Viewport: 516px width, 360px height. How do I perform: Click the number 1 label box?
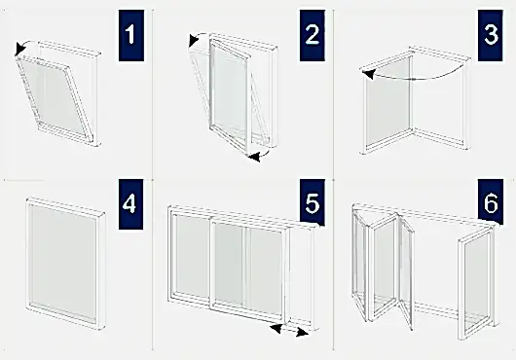[x=131, y=35]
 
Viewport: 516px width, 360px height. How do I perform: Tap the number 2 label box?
[x=312, y=35]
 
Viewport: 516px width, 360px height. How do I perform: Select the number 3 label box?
[x=491, y=35]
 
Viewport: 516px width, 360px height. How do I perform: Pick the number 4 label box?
[x=131, y=203]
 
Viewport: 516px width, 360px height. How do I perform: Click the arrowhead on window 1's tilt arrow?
[x=19, y=49]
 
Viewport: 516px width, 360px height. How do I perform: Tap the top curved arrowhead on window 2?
[x=193, y=40]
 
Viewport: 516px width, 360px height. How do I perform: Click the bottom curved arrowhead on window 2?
[x=254, y=158]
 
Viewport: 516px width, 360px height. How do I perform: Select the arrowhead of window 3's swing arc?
[x=368, y=75]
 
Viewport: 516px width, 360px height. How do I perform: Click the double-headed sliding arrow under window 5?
[x=289, y=330]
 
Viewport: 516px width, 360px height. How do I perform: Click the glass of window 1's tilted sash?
[x=55, y=96]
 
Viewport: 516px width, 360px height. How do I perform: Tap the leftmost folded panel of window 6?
[x=359, y=261]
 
